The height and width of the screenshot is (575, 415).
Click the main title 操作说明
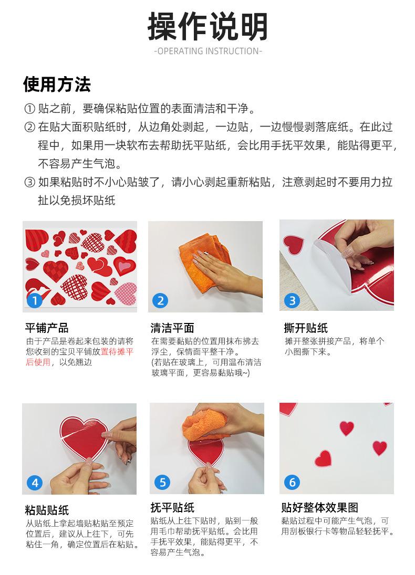[x=207, y=26]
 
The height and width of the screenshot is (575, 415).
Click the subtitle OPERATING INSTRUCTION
[x=207, y=51]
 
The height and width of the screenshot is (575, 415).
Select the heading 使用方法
[x=57, y=85]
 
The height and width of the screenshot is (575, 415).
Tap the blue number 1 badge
[x=35, y=301]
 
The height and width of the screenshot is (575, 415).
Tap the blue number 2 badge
[x=160, y=301]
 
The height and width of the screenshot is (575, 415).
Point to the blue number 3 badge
[x=292, y=301]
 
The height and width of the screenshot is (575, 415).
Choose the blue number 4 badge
[x=35, y=483]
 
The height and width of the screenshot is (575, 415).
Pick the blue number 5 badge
[x=162, y=482]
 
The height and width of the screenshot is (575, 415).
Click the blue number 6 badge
[x=292, y=482]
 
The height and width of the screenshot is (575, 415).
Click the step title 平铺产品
[x=47, y=328]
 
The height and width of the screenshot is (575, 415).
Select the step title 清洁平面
[x=172, y=328]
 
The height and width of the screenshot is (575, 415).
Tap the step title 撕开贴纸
[x=306, y=328]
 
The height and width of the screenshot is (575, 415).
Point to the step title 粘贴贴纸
[x=47, y=510]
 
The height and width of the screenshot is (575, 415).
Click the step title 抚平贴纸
[x=172, y=508]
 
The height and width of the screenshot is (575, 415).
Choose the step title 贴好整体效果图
[x=319, y=508]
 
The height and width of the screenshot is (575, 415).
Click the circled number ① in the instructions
[x=29, y=109]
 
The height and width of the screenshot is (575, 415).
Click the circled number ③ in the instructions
[x=29, y=182]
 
